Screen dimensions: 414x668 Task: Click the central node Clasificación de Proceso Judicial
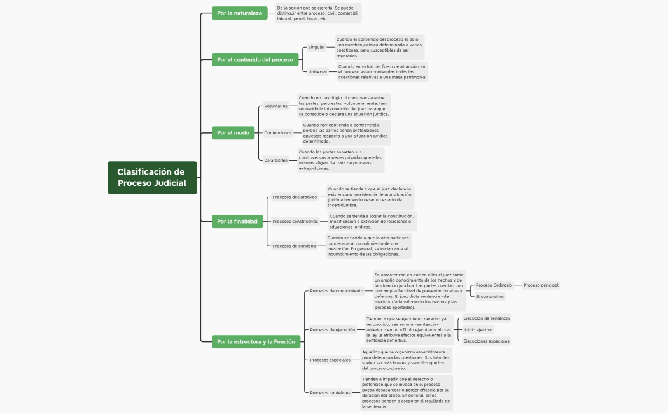(x=152, y=178)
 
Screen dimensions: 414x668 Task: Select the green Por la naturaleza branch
(x=239, y=13)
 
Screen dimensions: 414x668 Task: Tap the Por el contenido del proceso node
(x=255, y=60)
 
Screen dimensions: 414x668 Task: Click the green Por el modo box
(x=233, y=132)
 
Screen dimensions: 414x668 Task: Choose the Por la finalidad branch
(x=237, y=221)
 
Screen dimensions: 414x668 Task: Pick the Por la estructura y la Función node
(x=256, y=341)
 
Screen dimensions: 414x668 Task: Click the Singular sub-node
(x=316, y=47)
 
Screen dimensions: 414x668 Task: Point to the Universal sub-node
(x=317, y=71)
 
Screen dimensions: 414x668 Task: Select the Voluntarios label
(x=275, y=106)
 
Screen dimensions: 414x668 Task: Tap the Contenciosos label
(x=278, y=133)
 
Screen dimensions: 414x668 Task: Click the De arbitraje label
(x=276, y=160)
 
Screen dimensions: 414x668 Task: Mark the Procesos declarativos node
(x=295, y=197)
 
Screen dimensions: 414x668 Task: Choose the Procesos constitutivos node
(x=295, y=221)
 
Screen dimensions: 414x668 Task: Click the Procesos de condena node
(x=294, y=246)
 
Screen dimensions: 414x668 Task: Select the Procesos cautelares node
(x=330, y=392)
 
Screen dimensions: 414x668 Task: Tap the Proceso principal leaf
(x=541, y=285)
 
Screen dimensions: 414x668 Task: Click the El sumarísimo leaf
(x=490, y=296)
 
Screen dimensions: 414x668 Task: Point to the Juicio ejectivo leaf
(x=478, y=330)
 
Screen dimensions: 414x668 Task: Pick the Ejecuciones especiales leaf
(x=486, y=341)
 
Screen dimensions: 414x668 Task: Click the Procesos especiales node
(x=330, y=360)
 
